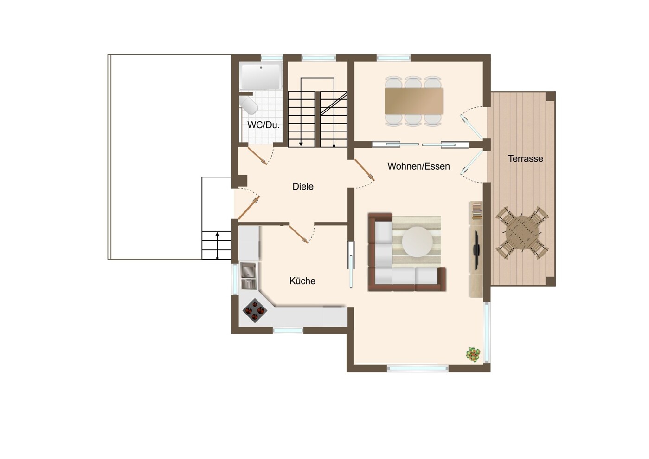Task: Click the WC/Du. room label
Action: coord(263,125)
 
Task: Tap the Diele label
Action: coord(303,186)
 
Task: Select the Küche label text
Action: coord(302,281)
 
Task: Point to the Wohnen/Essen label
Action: coord(418,166)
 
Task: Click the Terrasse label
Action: coord(525,159)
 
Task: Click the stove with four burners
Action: coord(255,310)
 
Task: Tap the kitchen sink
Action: coord(249,276)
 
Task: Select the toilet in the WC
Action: coord(248,105)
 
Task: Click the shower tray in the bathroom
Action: coord(261,76)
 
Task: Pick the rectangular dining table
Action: coord(414,101)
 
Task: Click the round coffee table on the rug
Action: coord(418,242)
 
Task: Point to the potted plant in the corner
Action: coord(473,354)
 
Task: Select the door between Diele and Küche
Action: coord(298,234)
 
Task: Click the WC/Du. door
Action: coord(257,156)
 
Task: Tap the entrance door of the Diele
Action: coord(249,208)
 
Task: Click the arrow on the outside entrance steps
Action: coord(217,245)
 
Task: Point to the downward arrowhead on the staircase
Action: coord(301,144)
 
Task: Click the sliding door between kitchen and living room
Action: coord(351,264)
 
